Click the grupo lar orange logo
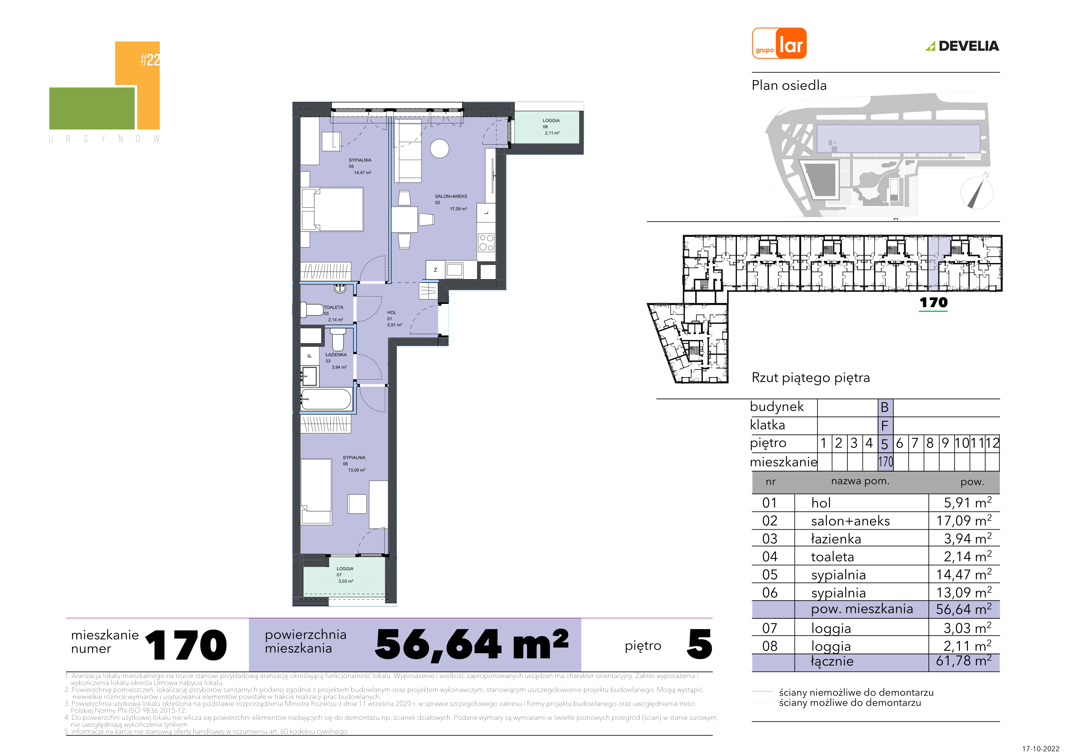[x=779, y=43]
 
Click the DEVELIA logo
[x=963, y=46]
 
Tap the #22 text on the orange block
[x=150, y=60]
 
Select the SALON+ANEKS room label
[x=451, y=196]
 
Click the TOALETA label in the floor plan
[x=334, y=307]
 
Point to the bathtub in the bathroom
[x=326, y=399]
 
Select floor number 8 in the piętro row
[x=930, y=443]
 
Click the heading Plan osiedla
[x=789, y=85]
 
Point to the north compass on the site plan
[x=976, y=193]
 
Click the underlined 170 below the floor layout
[x=933, y=303]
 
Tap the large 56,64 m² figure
[x=472, y=645]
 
